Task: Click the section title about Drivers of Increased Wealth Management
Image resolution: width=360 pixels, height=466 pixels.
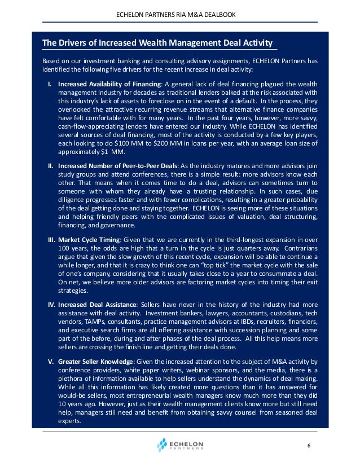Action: pyautogui.click(x=158, y=43)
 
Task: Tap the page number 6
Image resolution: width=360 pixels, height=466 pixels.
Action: pyautogui.click(x=309, y=445)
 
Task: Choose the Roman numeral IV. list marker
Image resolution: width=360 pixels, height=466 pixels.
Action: pyautogui.click(x=50, y=304)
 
